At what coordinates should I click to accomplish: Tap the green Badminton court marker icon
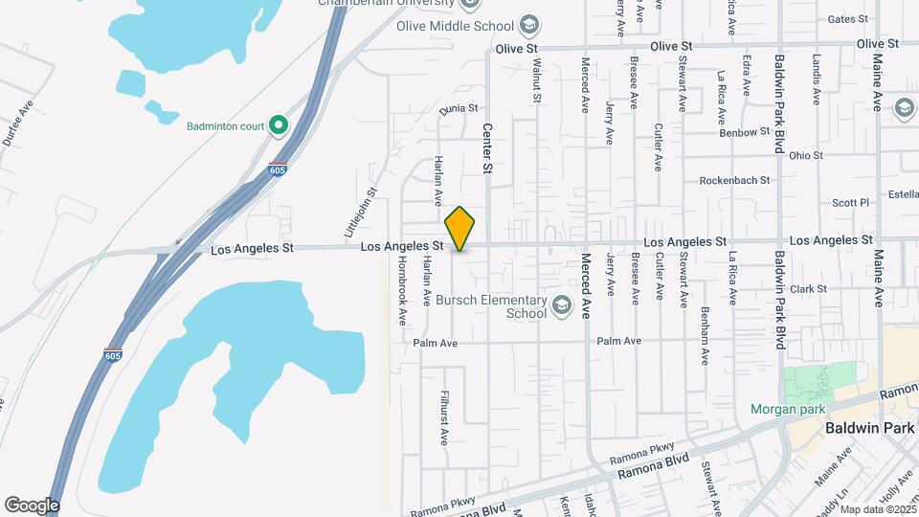278,124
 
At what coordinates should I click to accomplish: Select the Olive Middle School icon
529,26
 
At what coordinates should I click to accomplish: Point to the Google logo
32,505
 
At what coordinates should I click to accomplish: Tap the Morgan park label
788,410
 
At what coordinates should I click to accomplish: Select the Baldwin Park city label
870,428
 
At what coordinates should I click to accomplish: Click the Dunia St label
458,110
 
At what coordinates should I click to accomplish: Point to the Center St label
487,148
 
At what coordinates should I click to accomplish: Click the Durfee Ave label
18,123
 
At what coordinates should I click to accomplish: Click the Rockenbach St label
734,180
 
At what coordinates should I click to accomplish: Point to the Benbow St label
744,133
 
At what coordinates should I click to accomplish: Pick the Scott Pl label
849,202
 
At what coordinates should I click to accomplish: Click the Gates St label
846,19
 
